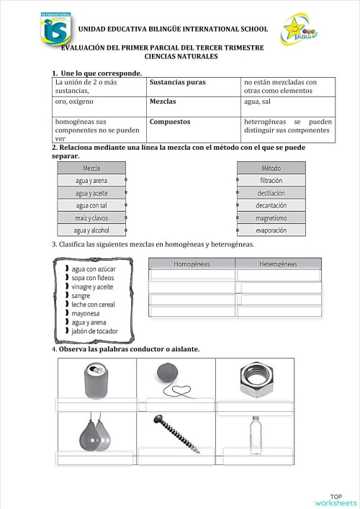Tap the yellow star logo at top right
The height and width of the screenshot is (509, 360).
(297, 30)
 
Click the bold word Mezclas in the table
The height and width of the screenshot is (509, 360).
(163, 102)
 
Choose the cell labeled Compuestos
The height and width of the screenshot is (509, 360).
(170, 122)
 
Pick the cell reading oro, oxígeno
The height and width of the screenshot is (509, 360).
(76, 102)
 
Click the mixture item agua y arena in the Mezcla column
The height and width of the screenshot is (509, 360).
(91, 181)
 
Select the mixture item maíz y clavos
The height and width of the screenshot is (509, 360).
(91, 217)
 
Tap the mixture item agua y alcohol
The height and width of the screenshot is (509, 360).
(91, 230)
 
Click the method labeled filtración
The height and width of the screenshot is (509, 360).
(271, 181)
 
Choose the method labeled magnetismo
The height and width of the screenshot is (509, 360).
(271, 217)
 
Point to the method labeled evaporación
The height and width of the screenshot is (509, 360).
(271, 230)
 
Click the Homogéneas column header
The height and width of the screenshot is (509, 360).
(192, 264)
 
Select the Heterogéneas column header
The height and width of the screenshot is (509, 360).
(278, 264)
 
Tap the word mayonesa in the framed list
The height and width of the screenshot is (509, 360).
(87, 313)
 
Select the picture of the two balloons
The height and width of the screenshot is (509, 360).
(94, 431)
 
